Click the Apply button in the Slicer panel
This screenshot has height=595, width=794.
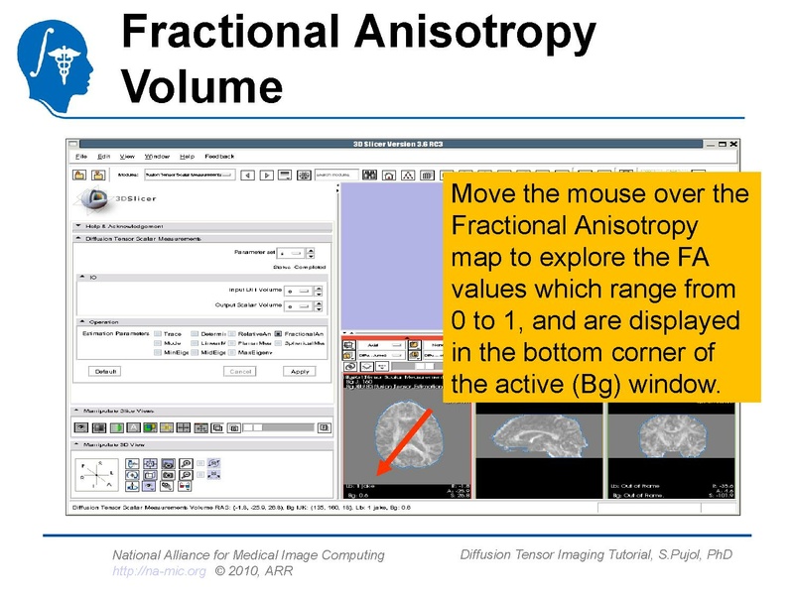coord(299,371)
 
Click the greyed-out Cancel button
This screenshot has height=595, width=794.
coord(239,371)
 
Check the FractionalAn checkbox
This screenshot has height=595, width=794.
coord(279,334)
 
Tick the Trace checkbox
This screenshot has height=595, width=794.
coord(157,334)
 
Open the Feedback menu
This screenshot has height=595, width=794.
coord(219,156)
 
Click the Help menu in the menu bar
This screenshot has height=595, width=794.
coord(188,156)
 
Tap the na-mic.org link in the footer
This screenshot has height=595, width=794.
coord(159,571)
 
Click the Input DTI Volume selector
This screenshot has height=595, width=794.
coord(299,291)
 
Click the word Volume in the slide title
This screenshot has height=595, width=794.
coord(201,86)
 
